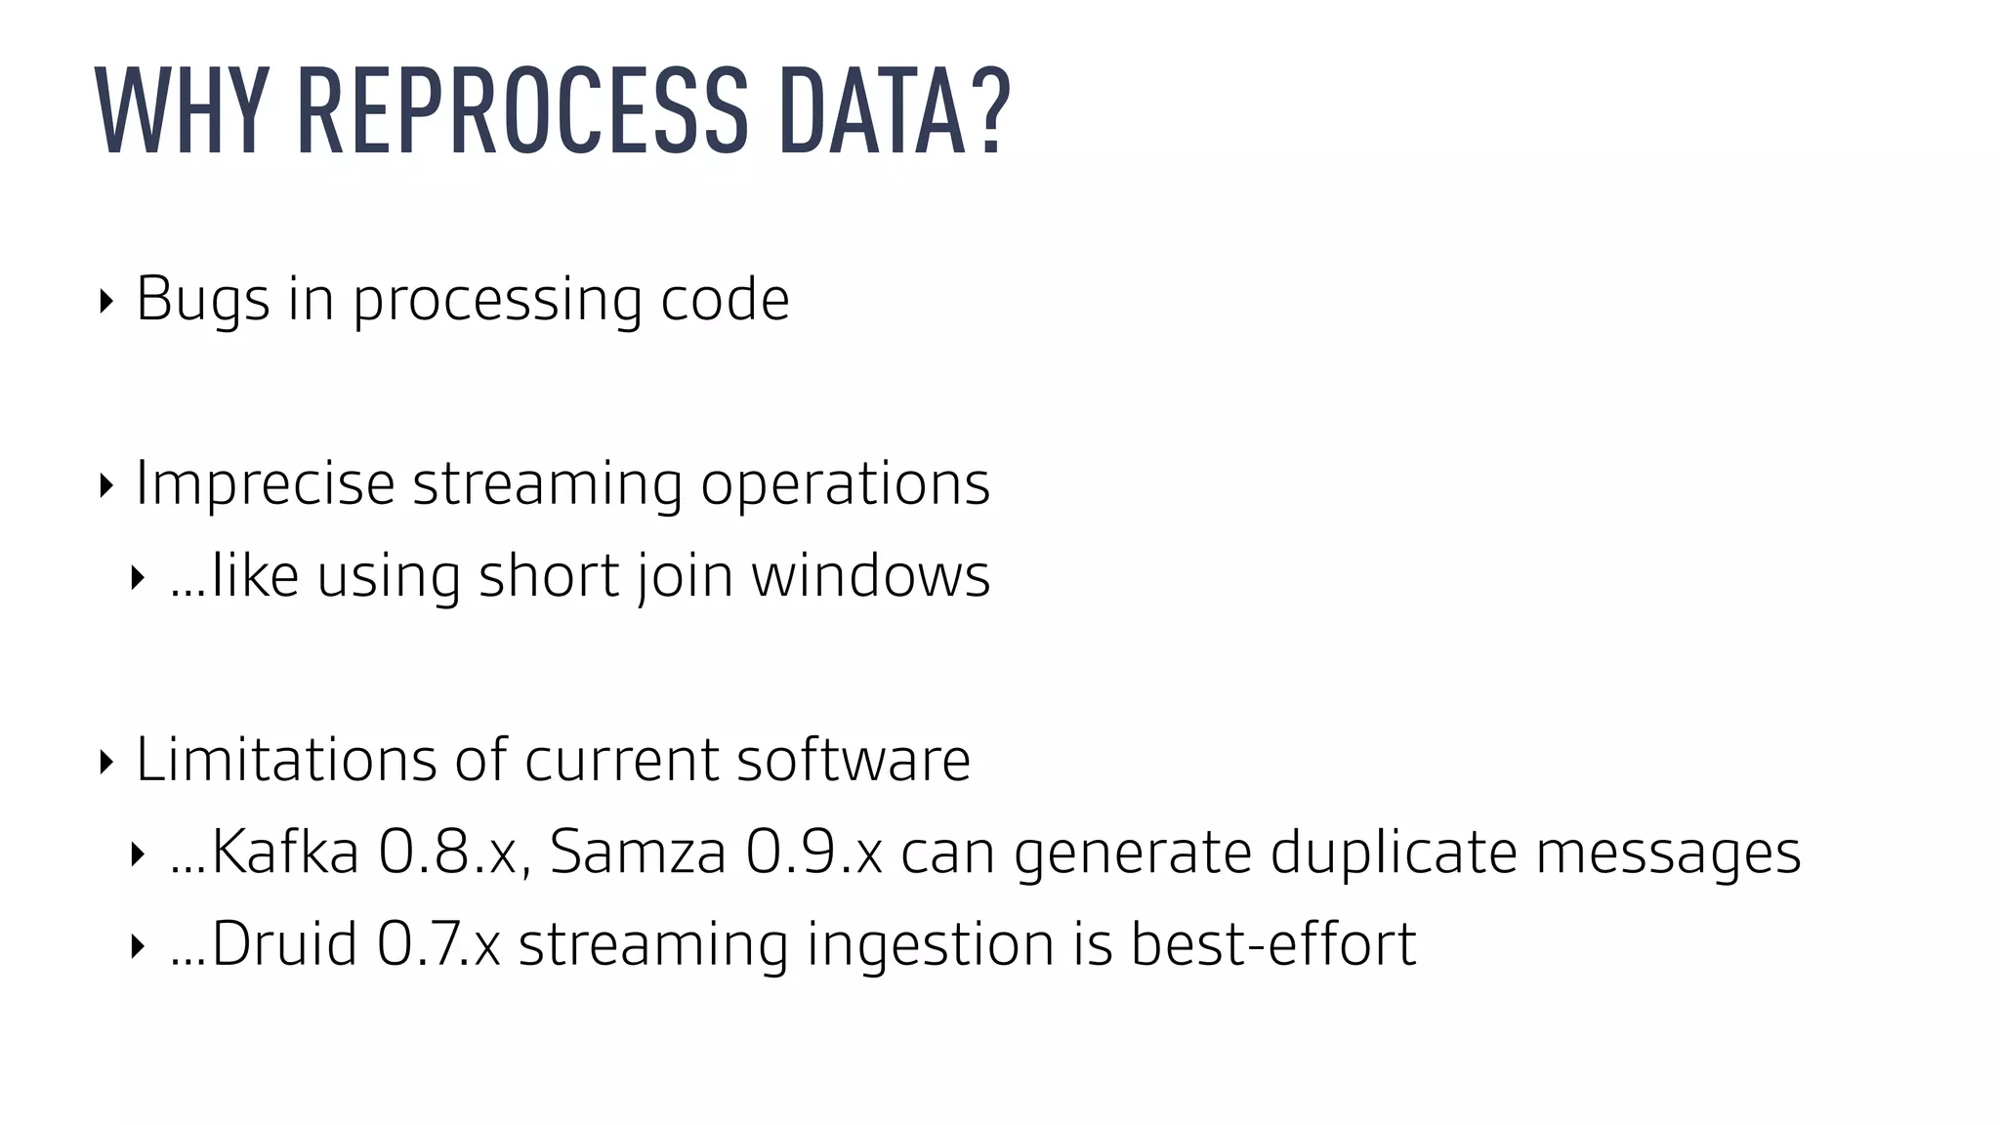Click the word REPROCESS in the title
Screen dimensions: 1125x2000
522,109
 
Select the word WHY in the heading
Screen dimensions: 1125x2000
182,109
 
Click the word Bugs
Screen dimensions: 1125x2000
202,300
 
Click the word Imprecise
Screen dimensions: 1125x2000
265,483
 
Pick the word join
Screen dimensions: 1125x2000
685,576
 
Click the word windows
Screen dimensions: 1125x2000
870,575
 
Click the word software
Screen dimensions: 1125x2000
853,760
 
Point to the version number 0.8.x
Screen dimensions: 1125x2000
453,852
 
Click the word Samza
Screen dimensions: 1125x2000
638,852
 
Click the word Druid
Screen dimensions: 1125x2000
283,943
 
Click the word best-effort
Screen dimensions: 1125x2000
1272,943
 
